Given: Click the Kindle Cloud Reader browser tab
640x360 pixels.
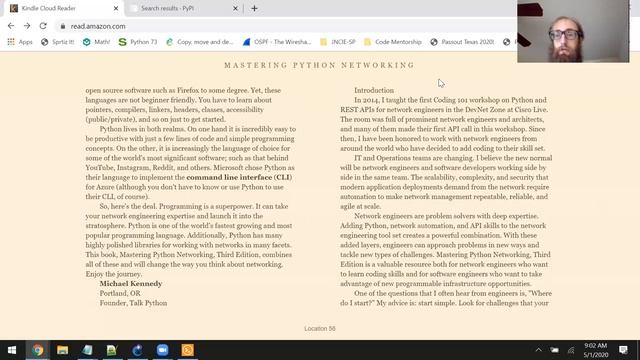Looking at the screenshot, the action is [x=55, y=8].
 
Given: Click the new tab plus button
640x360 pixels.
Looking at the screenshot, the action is [x=254, y=8].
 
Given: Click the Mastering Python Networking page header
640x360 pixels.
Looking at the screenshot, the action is [x=319, y=65].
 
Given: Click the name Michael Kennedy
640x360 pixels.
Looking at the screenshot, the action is [x=134, y=283].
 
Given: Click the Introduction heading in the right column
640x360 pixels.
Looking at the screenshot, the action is [x=374, y=91].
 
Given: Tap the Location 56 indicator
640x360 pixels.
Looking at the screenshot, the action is [x=319, y=328].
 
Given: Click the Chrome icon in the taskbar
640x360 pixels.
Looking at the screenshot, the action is [x=38, y=350].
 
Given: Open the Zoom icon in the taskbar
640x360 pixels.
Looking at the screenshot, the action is [x=163, y=350].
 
